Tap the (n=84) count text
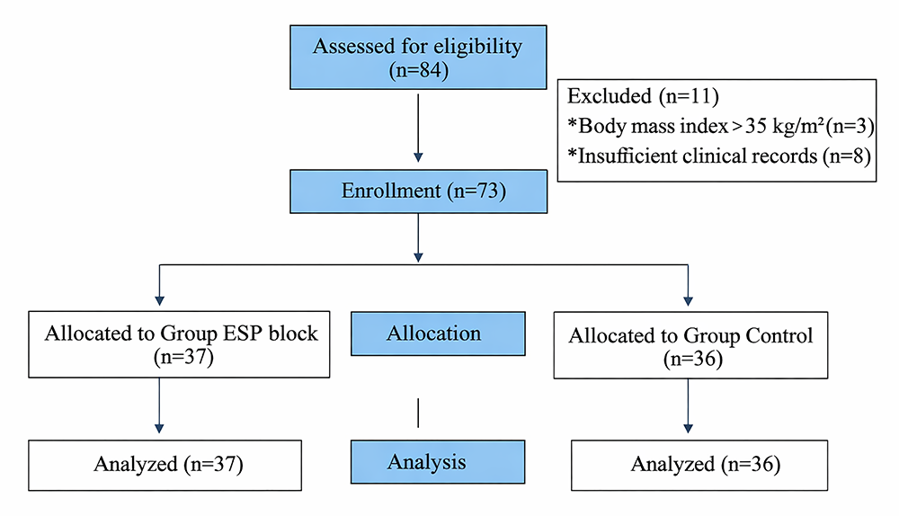pos(418,70)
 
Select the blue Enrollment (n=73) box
pos(418,191)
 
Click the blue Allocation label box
pos(433,334)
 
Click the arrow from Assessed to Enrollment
pos(417,130)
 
